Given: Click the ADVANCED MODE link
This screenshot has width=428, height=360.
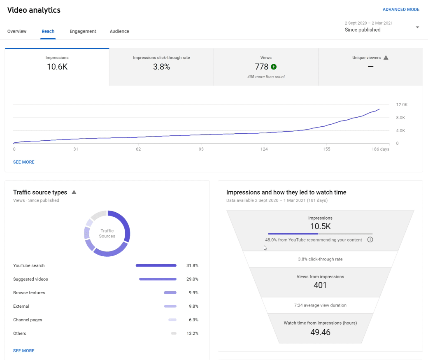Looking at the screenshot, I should tap(401, 9).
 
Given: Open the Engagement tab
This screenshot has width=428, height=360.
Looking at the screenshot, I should tap(83, 31).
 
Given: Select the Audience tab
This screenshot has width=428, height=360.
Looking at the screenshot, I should tap(119, 31).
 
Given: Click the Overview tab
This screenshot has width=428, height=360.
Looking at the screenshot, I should tap(17, 31).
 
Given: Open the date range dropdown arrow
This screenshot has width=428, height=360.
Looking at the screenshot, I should tap(417, 28).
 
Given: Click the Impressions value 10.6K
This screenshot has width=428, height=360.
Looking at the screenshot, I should tap(57, 67).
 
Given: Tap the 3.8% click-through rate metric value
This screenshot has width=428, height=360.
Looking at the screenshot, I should tap(161, 67).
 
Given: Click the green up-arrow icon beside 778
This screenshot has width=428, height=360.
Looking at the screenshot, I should tap(274, 67).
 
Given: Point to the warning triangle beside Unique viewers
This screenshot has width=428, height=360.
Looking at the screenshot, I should tap(386, 58).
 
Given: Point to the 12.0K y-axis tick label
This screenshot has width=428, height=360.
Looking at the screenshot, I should tap(401, 105).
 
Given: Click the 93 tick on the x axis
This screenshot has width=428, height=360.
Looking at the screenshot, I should tap(201, 149).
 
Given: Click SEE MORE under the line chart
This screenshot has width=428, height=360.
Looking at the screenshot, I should tap(24, 162).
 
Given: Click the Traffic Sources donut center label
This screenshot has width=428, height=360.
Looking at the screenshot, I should tap(107, 234).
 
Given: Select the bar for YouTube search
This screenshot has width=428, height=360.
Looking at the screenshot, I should tap(156, 266).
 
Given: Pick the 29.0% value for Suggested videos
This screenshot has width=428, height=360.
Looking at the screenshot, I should tap(192, 279).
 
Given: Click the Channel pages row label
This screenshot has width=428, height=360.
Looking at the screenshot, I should tap(28, 320).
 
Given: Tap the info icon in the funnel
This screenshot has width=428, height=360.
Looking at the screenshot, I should tap(370, 240).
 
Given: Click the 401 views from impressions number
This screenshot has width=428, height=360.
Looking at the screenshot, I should tap(320, 285).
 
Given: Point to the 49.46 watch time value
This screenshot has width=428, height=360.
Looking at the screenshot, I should tap(320, 332).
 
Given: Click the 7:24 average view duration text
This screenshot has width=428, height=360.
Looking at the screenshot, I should tap(320, 305).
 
